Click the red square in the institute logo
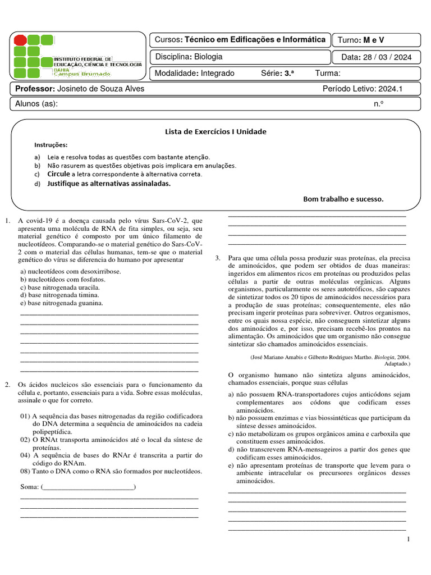(x=20, y=40)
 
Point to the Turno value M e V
(x=374, y=40)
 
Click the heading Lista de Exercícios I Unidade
(x=215, y=132)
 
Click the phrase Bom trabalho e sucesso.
(x=343, y=199)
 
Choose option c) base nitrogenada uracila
(x=60, y=287)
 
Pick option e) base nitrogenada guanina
(x=62, y=303)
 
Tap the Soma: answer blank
(x=88, y=486)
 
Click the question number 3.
(x=218, y=258)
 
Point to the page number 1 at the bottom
(x=409, y=540)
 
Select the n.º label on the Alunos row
(x=378, y=104)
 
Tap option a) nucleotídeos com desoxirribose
(x=70, y=271)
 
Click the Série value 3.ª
(x=290, y=74)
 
